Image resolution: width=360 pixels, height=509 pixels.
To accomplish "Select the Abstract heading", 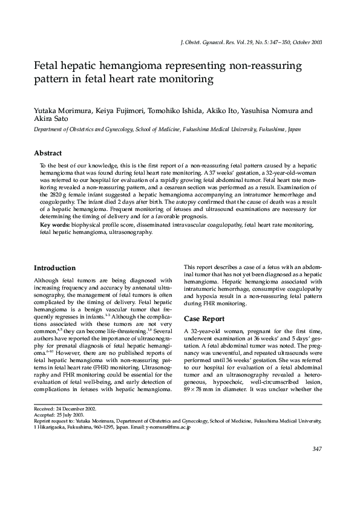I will point(48,154).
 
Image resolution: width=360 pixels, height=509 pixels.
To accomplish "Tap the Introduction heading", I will point(54,268).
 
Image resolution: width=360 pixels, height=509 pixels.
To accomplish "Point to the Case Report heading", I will point(204,319).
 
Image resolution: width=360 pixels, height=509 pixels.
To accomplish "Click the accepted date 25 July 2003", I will point(66,415).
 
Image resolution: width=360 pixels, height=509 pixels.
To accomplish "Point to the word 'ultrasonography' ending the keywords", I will point(130,232).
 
